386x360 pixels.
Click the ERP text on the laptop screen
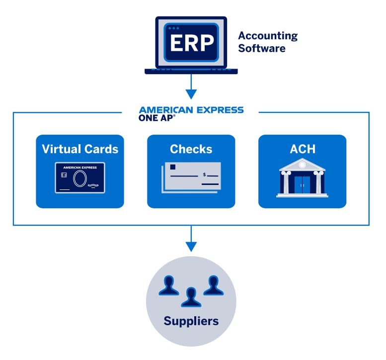pos(191,43)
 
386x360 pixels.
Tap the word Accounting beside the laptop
pos(268,36)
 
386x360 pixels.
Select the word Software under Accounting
pos(262,48)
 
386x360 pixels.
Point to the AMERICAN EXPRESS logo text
pos(191,110)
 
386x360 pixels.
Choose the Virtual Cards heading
pos(80,149)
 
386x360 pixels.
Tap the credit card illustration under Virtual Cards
pos(79,178)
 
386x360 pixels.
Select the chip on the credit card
pos(64,176)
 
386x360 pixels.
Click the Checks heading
pos(191,149)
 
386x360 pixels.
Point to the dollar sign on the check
pos(204,175)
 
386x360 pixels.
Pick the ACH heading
pos(302,149)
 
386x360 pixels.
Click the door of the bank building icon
pos(302,184)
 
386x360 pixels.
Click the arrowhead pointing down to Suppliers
pos(191,246)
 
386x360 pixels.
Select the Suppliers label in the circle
pos(191,321)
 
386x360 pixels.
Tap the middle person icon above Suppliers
pos(191,297)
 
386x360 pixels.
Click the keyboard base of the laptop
pos(191,71)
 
